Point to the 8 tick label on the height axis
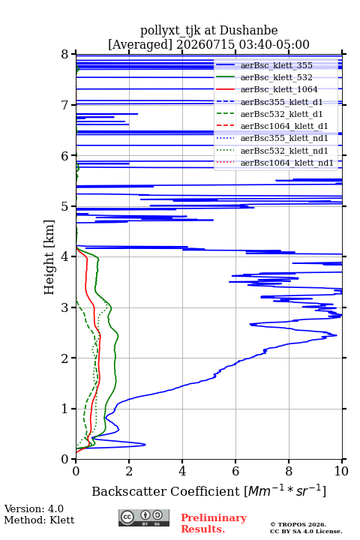tap(65, 55)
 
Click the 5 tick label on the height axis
tap(65, 207)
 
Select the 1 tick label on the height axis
tap(65, 409)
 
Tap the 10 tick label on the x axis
tap(341, 471)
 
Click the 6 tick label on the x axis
tap(235, 471)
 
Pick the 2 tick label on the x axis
tap(129, 471)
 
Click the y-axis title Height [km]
tap(49, 257)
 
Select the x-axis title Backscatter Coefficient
tap(166, 491)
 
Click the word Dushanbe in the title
tap(248, 31)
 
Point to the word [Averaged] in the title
tap(140, 45)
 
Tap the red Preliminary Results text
tap(214, 523)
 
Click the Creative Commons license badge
tap(144, 518)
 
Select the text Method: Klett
tap(39, 520)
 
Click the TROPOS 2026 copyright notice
tap(298, 524)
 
